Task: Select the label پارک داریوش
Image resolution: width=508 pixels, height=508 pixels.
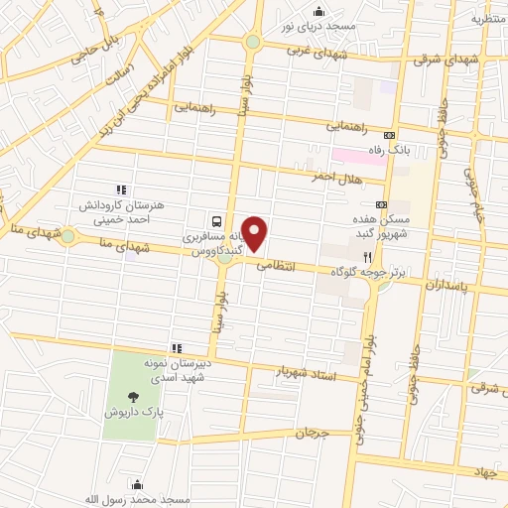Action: coord(133,409)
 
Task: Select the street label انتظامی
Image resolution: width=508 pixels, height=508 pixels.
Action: coord(276,266)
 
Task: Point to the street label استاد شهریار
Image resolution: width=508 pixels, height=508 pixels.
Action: coord(309,375)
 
